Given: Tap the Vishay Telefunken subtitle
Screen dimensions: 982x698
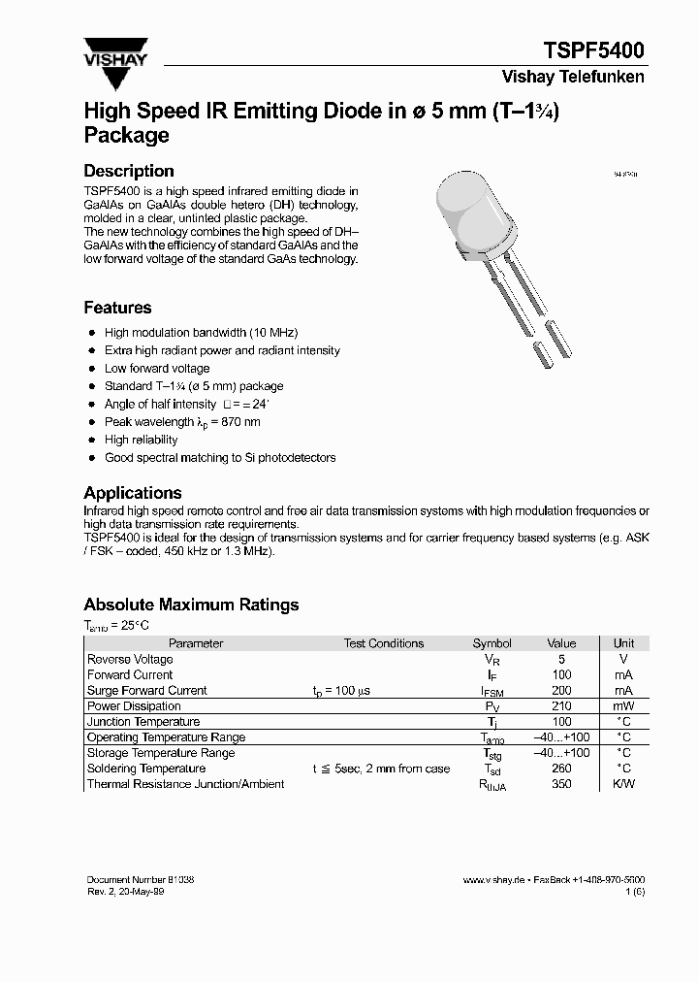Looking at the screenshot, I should click(572, 77).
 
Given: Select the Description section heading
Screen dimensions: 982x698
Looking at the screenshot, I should click(129, 171).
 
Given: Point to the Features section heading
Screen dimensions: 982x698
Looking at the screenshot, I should click(117, 308).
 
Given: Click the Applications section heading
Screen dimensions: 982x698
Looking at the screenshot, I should click(132, 493).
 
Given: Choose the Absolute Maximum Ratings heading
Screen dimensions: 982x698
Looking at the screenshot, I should click(191, 605).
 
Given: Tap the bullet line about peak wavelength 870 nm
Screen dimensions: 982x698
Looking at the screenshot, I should click(182, 422).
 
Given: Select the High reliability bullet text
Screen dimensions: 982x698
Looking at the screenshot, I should click(142, 440).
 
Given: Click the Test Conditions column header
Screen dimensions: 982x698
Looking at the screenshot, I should click(383, 643).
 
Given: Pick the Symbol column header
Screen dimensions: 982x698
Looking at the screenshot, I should click(492, 643).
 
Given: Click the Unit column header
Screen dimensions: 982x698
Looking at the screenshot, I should click(623, 643).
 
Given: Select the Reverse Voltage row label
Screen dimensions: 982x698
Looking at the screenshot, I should click(130, 659).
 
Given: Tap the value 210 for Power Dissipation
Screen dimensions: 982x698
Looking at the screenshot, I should click(561, 706).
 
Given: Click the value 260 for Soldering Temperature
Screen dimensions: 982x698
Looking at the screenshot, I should click(561, 769).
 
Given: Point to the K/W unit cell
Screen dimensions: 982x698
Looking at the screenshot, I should click(623, 784).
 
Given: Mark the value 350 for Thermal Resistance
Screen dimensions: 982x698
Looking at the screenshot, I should click(561, 784).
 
